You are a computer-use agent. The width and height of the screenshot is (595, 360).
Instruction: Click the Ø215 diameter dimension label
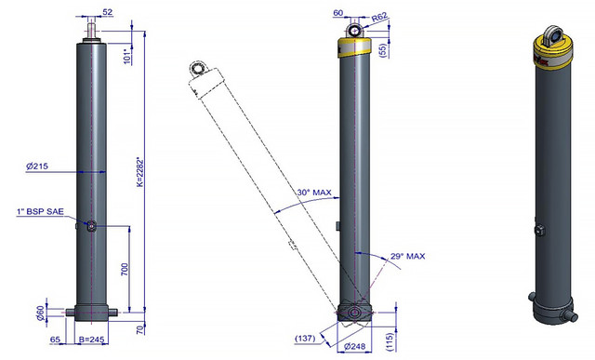coord(37,167)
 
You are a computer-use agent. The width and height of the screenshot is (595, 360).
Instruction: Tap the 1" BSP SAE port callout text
coord(40,212)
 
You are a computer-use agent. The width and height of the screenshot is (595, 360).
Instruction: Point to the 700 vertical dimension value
coord(125,269)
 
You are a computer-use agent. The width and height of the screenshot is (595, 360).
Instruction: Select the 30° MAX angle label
coord(314,193)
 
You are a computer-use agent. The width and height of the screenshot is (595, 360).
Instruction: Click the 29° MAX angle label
coord(408,257)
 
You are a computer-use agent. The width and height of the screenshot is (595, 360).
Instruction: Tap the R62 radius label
coord(379,17)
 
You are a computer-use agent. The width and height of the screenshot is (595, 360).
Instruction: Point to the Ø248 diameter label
coord(354,346)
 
